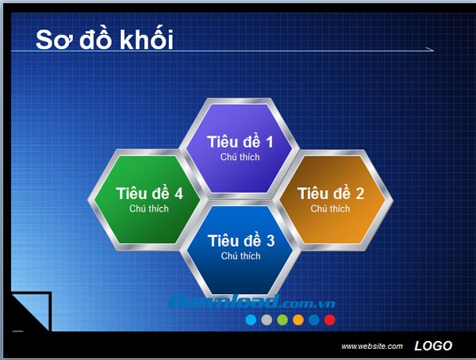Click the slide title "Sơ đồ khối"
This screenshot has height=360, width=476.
pos(104,39)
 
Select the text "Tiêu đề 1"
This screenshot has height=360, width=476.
pos(240,142)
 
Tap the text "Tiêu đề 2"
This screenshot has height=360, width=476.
pos(330,193)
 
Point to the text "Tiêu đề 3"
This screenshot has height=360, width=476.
pos(240,241)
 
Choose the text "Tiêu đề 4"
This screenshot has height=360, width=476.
pos(149,193)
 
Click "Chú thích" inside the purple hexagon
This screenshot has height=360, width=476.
pos(240,157)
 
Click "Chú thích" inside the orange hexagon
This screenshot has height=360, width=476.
pos(330,209)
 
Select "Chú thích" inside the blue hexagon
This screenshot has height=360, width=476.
pos(240,256)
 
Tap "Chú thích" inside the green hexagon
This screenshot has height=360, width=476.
pos(149,209)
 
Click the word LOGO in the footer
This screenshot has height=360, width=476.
pos(433,346)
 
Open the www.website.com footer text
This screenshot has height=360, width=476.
pos(372,347)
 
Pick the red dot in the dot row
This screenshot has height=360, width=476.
pos(330,320)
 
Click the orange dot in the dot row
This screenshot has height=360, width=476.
pos(298,320)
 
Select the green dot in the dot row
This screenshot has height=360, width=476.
pos(282,320)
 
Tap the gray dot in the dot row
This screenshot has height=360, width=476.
pos(267,320)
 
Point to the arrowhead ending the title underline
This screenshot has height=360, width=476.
pos(431,50)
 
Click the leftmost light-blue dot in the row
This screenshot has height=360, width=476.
pos(251,320)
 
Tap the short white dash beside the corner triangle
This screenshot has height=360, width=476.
pos(17,330)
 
